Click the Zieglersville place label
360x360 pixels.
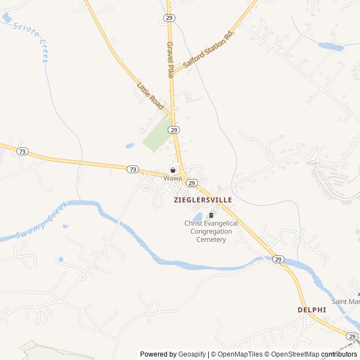pyautogui.click(x=203, y=200)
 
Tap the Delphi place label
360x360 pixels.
pyautogui.click(x=312, y=310)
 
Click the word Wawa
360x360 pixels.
pyautogui.click(x=173, y=178)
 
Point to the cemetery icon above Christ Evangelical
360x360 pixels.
pyautogui.click(x=211, y=214)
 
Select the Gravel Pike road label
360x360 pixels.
pyautogui.click(x=171, y=59)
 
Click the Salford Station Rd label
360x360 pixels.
pyautogui.click(x=208, y=51)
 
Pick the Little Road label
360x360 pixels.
pyautogui.click(x=150, y=96)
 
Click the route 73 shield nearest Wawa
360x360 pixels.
pyautogui.click(x=132, y=169)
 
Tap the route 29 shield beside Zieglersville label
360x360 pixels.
pyautogui.click(x=191, y=183)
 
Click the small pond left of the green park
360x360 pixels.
pyautogui.click(x=130, y=146)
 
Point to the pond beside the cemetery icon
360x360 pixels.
pyautogui.click(x=198, y=217)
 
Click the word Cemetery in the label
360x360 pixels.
pyautogui.click(x=211, y=240)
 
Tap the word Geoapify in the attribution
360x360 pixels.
pyautogui.click(x=192, y=354)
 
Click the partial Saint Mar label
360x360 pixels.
pyautogui.click(x=345, y=301)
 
